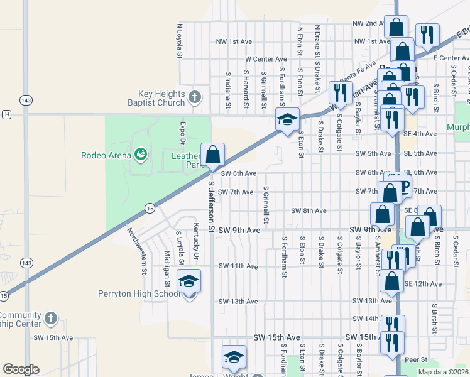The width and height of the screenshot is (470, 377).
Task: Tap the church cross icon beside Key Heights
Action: point(195,97)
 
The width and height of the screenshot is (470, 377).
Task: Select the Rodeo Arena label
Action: point(106,155)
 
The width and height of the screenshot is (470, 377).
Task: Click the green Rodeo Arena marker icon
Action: point(140,154)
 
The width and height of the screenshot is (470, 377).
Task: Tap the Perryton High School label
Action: point(139,293)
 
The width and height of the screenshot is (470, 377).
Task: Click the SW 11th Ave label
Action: point(238,266)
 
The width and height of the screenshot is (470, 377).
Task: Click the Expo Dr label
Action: point(182,133)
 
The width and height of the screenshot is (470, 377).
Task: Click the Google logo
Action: point(21,369)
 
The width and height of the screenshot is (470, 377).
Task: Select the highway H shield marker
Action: point(6,114)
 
